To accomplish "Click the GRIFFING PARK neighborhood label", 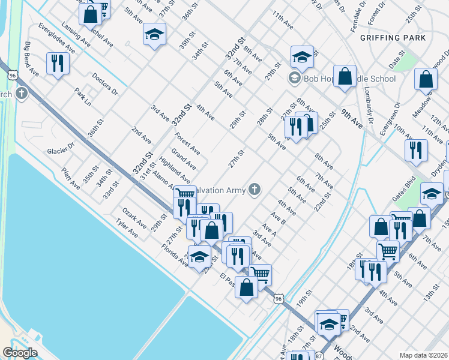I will point(393,38).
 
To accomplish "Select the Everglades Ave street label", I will point(56,38).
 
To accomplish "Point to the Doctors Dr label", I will point(105,85).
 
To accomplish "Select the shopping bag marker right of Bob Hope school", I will point(345,76).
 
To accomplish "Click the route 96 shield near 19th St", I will point(277,298).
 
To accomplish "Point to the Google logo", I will point(20,353).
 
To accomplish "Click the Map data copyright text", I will point(423,355).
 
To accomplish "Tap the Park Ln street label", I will point(83,97).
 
